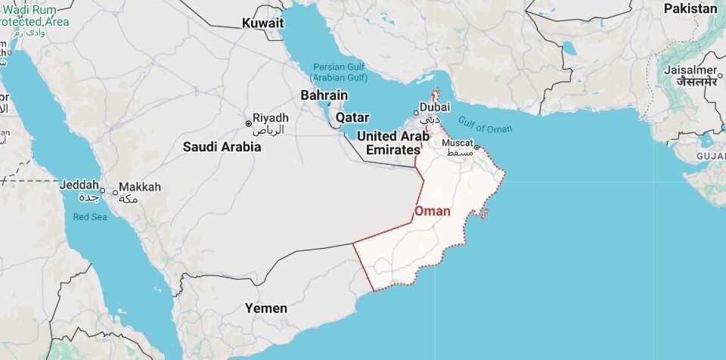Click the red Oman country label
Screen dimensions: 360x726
point(433,212)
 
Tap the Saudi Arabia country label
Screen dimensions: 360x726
point(222,147)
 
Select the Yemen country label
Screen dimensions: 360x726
point(265,308)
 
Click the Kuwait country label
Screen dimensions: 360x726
point(262,23)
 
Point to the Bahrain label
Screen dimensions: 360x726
point(324,95)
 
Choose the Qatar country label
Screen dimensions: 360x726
point(352,117)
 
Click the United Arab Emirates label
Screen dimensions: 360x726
point(392,143)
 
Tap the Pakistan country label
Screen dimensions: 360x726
point(690,8)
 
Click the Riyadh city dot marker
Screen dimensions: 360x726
point(247,123)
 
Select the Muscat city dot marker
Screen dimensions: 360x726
point(477,147)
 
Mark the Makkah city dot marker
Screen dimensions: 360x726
point(115,192)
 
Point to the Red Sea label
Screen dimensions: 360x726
point(90,217)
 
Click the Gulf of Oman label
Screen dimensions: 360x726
point(485,126)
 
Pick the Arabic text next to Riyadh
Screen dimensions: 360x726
point(271,129)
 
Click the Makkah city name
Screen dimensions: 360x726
point(141,187)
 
